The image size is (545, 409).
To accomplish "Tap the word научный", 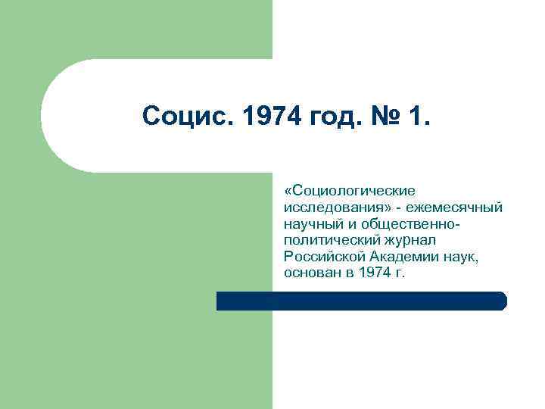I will pos(312,223).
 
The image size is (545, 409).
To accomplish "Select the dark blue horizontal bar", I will pos(361,301).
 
